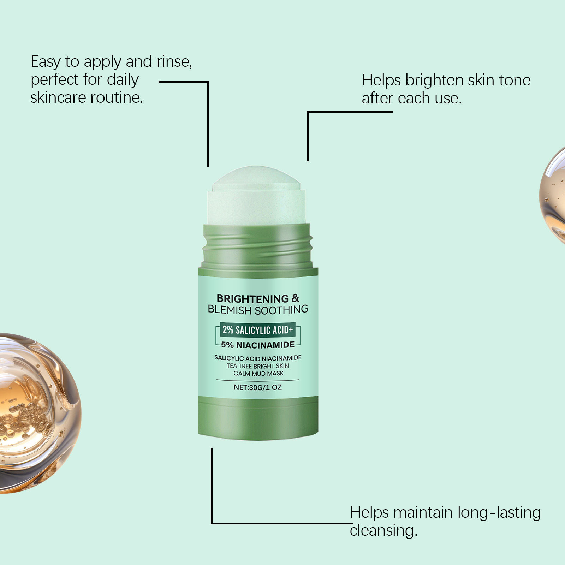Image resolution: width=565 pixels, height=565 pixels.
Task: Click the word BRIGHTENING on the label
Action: click(x=252, y=298)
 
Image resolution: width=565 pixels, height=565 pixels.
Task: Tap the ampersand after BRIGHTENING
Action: click(x=296, y=298)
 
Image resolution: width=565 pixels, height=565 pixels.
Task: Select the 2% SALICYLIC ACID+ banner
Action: click(x=257, y=330)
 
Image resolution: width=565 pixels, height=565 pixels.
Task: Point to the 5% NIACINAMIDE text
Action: click(x=258, y=345)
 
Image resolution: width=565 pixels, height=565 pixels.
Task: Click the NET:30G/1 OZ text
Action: click(x=258, y=387)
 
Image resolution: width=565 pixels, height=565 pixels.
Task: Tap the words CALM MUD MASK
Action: click(x=258, y=374)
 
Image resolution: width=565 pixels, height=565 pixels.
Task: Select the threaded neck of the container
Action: click(x=257, y=246)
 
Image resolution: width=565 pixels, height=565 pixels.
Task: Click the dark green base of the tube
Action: click(x=258, y=418)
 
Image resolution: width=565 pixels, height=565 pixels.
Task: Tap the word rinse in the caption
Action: click(x=174, y=62)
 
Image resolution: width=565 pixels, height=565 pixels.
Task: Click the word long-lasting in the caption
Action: click(x=499, y=513)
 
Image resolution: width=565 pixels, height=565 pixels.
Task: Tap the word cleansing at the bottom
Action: click(x=383, y=531)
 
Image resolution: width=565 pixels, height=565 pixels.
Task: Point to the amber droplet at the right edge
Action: click(x=553, y=196)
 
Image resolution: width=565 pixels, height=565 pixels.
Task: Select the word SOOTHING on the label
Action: click(x=281, y=310)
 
